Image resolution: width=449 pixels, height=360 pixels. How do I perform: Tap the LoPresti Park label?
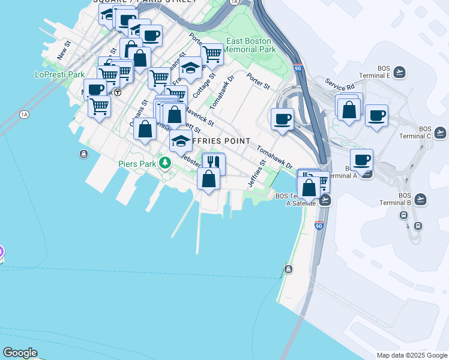pos(59,74)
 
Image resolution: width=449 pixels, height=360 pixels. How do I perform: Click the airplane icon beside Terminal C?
pos(441,132)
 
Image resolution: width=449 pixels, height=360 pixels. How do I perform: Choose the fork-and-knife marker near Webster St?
pos(213,163)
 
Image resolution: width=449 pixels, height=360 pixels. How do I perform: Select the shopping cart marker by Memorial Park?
pos(212,54)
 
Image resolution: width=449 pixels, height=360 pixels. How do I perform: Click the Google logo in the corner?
pos(20,353)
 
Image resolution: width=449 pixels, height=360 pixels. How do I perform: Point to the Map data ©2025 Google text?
pos(412,355)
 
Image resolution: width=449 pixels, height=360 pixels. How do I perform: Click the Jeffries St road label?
pos(257,173)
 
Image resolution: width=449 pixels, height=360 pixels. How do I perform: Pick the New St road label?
pos(64,50)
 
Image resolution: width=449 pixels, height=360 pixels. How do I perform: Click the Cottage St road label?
pos(205,86)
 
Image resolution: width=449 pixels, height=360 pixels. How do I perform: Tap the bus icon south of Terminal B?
pos(418,226)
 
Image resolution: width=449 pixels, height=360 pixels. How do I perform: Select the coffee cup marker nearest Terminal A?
pos(361,160)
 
